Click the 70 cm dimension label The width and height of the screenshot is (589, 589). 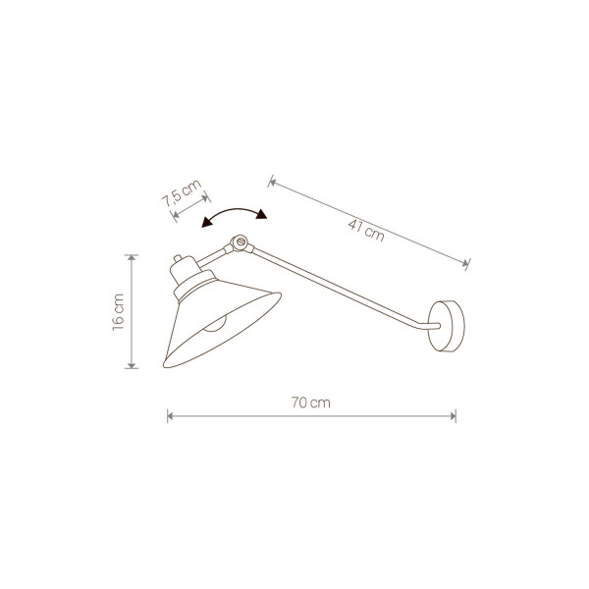coord(310,402)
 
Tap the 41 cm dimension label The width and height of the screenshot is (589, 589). coord(366,230)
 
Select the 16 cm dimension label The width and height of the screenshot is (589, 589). coord(118,312)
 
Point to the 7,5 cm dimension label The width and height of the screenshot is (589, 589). coord(182,193)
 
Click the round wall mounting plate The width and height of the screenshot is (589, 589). coord(447,326)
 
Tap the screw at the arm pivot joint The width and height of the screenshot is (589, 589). coord(241,241)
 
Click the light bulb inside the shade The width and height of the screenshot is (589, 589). coord(215,324)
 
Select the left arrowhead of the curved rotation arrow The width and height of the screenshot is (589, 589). coord(206,223)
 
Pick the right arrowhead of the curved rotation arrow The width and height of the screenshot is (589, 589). coord(261,214)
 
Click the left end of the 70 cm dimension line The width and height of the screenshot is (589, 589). coord(168,416)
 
